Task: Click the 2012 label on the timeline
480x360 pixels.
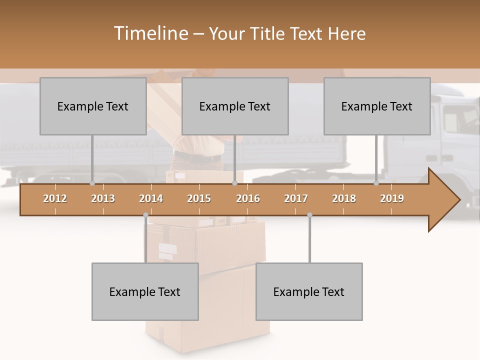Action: pos(55,198)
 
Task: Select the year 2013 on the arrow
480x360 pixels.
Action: pos(103,198)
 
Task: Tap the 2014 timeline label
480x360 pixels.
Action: pos(151,198)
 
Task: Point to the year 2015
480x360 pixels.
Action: pos(199,198)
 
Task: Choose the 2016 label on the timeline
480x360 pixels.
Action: pos(248,198)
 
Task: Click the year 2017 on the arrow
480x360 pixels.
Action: pos(296,198)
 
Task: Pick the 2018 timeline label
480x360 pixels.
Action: pos(344,198)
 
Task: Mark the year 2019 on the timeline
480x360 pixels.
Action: pos(392,198)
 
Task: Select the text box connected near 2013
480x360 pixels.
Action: pos(93,106)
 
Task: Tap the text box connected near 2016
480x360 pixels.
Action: pos(235,106)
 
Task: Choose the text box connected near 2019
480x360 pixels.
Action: pos(377,106)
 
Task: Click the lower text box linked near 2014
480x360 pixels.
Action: pos(145,291)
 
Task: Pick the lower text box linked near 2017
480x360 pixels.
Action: pos(309,291)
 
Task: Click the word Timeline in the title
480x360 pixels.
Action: pos(150,33)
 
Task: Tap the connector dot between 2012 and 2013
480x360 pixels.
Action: pos(92,183)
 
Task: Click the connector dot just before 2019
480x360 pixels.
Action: pos(376,183)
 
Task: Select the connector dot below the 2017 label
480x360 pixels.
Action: pos(309,215)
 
